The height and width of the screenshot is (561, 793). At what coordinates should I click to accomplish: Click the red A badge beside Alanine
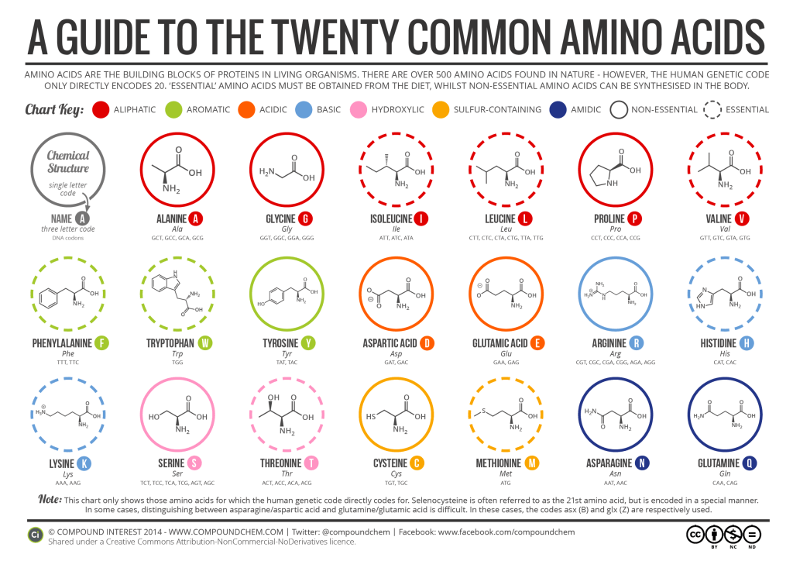pyautogui.click(x=196, y=219)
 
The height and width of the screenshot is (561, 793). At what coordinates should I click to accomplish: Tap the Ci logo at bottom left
pyautogui.click(x=35, y=535)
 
